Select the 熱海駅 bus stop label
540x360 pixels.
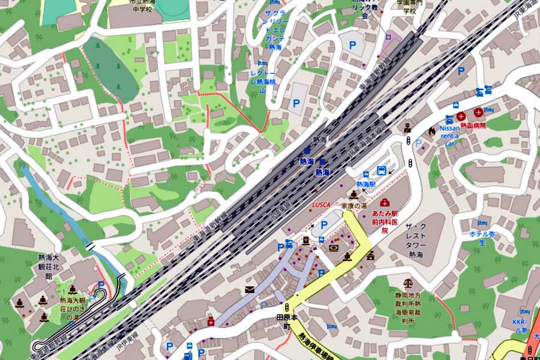click(365, 185)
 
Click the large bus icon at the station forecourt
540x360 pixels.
click(381, 170)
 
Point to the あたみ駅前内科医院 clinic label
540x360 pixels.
click(385, 221)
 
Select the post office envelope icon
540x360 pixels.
click(250, 290)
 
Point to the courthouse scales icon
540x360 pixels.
click(409, 282)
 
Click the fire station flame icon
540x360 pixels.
click(431, 130)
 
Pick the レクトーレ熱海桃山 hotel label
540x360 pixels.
click(262, 81)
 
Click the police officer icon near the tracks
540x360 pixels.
click(407, 127)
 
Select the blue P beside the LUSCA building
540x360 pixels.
click(325, 224)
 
